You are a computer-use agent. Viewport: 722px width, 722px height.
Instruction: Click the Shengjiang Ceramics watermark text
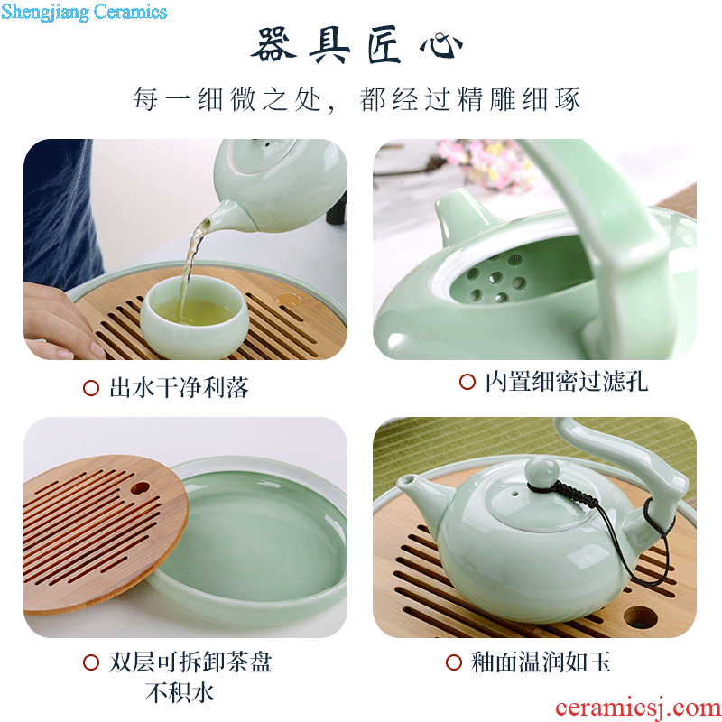coord(84,12)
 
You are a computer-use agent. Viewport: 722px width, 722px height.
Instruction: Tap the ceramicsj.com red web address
coord(638,708)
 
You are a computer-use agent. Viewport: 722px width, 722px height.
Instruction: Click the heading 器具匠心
coord(356,44)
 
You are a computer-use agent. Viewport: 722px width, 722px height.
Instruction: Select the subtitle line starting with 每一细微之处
coord(356,99)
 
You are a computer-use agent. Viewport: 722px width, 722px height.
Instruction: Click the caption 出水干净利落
coord(179,387)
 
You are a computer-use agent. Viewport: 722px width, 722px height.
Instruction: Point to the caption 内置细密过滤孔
coord(567,382)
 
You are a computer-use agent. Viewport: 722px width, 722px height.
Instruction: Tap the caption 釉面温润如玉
coord(541,662)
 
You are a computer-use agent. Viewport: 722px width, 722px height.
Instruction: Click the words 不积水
coord(180,692)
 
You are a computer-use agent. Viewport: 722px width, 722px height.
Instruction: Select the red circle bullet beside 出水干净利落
coord(91,388)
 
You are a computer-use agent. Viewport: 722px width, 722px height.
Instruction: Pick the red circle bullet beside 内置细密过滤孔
coord(467,382)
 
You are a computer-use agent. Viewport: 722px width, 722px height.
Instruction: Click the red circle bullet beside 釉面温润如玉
coord(454,662)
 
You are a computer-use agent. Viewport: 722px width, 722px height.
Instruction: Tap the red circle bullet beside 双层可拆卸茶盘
coord(91,662)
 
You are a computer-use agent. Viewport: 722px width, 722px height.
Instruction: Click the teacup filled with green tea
coord(194,317)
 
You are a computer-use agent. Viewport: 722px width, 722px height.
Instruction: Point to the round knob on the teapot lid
coord(542,470)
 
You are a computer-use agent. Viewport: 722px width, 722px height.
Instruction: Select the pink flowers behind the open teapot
coord(485,163)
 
